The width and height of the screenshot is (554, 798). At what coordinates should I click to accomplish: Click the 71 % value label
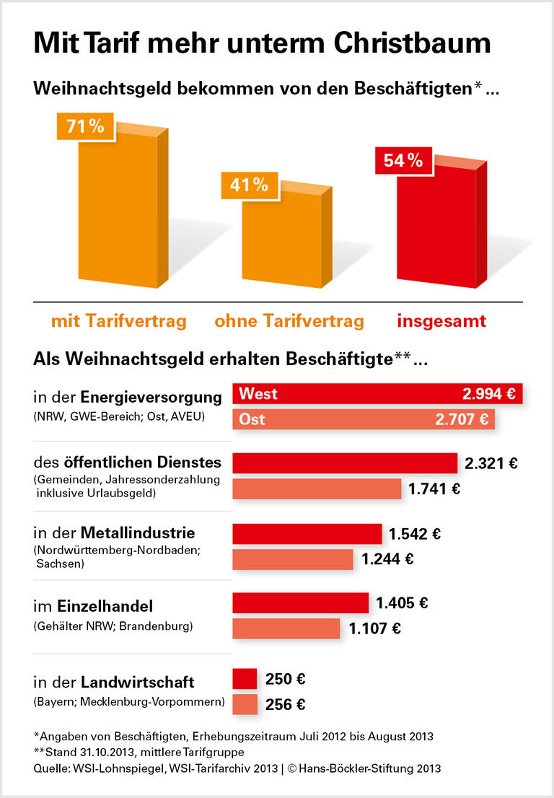pyautogui.click(x=85, y=127)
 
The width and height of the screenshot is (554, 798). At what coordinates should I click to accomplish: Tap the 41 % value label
pyautogui.click(x=248, y=185)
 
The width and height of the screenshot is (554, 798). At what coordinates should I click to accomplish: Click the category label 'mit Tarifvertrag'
pyautogui.click(x=118, y=321)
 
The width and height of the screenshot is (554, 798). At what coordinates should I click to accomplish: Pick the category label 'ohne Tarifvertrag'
pyautogui.click(x=289, y=321)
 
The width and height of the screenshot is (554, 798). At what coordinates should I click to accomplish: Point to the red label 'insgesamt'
pyautogui.click(x=441, y=321)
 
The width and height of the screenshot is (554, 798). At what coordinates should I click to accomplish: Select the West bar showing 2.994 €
pyautogui.click(x=377, y=394)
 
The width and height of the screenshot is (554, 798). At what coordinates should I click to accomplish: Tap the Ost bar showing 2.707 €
pyautogui.click(x=363, y=419)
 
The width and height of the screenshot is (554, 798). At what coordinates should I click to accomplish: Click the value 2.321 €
pyautogui.click(x=491, y=463)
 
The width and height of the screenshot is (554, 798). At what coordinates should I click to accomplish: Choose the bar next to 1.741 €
pyautogui.click(x=316, y=488)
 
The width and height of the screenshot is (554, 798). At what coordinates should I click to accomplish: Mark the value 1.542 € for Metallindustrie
pyautogui.click(x=415, y=534)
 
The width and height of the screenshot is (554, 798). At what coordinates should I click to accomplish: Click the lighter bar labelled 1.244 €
pyautogui.click(x=292, y=559)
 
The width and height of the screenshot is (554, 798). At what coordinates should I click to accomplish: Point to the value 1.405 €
pyautogui.click(x=402, y=602)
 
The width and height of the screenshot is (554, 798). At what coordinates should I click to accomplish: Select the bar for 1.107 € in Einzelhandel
pyautogui.click(x=286, y=628)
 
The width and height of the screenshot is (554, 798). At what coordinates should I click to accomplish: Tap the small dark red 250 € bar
pyautogui.click(x=245, y=679)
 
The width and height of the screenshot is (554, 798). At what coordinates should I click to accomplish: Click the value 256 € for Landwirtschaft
pyautogui.click(x=286, y=705)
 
